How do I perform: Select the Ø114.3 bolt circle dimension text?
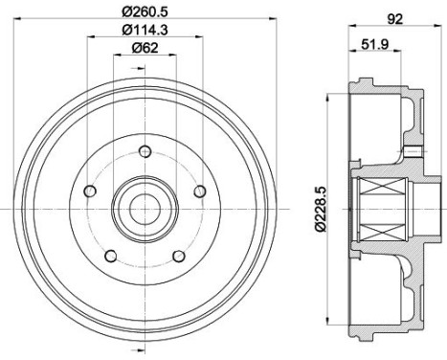coord(145,32)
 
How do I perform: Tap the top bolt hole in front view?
coord(145,150)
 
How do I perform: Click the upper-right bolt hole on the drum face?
coord(200,191)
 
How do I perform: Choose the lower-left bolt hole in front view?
coord(110,255)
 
